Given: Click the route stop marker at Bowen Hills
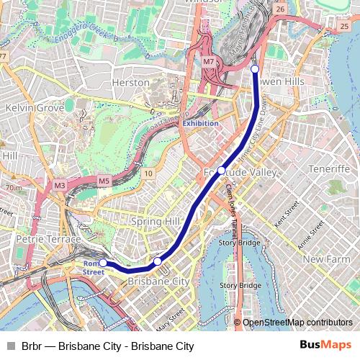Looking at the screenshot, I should tap(255, 69).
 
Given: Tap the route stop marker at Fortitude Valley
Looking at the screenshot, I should tap(221, 171).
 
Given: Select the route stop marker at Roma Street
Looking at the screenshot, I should tap(103, 264).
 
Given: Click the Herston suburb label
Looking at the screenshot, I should tap(131, 83).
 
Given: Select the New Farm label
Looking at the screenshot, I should tap(326, 258).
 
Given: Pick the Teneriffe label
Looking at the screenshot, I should tap(328, 168).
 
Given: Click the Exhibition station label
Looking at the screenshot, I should tap(200, 123).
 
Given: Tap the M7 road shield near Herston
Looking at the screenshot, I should tap(209, 62).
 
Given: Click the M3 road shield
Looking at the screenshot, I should tap(60, 185).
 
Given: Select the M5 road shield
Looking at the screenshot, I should tap(104, 181).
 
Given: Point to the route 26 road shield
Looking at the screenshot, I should tap(280, 9).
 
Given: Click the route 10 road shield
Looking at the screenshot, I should tap(148, 174).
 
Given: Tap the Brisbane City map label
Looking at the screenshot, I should tap(158, 282).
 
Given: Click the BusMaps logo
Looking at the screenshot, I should tap(325, 346).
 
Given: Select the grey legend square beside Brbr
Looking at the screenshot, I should tap(10, 346).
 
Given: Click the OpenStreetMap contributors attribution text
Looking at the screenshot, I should tap(297, 323).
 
